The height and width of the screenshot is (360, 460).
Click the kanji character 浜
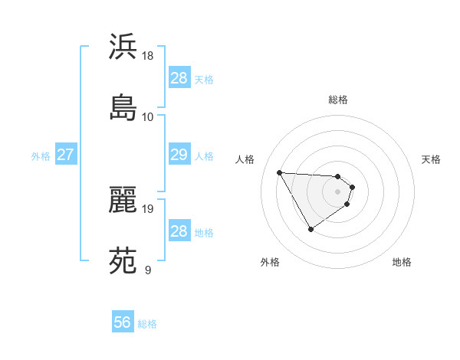(123, 47)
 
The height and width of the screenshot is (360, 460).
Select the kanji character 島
(123, 107)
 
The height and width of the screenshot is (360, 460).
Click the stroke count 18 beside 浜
(148, 56)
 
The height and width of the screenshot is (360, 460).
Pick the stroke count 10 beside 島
(148, 116)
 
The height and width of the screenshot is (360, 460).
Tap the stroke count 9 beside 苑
(147, 270)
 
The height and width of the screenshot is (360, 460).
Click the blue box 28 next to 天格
(179, 78)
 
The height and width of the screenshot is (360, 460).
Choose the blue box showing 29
(179, 155)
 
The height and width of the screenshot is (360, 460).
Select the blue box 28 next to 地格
(179, 231)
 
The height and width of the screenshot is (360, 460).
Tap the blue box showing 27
(65, 155)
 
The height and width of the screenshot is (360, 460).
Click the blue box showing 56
(123, 322)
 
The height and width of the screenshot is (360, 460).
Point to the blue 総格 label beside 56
(147, 324)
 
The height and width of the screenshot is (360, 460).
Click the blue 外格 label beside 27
(41, 156)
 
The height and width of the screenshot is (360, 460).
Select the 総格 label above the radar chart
(338, 100)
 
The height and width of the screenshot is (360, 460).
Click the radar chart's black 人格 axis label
(245, 159)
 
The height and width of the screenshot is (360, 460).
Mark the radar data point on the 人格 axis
(279, 172)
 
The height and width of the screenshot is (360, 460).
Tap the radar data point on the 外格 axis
(310, 229)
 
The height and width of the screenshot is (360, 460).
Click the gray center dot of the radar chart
(338, 191)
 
